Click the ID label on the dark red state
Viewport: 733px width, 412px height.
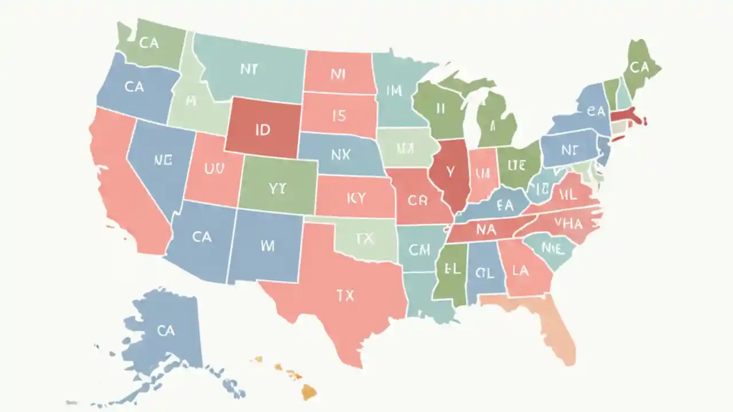pyautogui.click(x=262, y=130)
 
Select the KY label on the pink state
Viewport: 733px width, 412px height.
pyautogui.click(x=355, y=198)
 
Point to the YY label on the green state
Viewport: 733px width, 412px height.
pyautogui.click(x=277, y=189)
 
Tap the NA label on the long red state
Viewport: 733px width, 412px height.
pyautogui.click(x=485, y=230)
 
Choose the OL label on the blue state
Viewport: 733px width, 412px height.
pyautogui.click(x=483, y=273)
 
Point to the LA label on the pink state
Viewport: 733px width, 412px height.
pyautogui.click(x=520, y=271)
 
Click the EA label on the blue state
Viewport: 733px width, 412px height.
pyautogui.click(x=505, y=204)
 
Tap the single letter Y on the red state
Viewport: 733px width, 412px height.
pyautogui.click(x=450, y=171)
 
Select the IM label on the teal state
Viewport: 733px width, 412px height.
pyautogui.click(x=394, y=90)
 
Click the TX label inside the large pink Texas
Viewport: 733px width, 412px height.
pyautogui.click(x=345, y=296)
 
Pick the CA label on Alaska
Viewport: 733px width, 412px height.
pyautogui.click(x=165, y=330)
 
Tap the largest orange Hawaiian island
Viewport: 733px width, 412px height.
pyautogui.click(x=309, y=391)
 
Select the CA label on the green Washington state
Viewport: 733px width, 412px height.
pyautogui.click(x=149, y=43)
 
